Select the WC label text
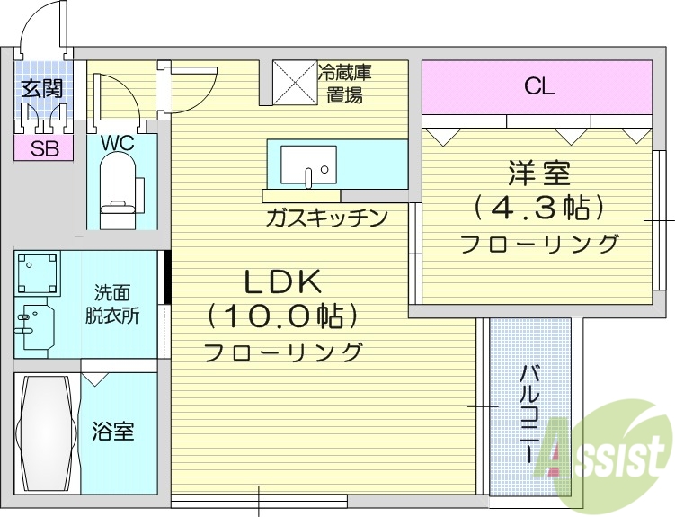coord(118,142)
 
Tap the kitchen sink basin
coord(307,165)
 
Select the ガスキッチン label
coord(325,217)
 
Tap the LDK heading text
coord(283,282)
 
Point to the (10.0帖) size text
coord(283,316)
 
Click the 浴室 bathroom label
coord(114,432)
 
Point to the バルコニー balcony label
coord(530,414)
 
